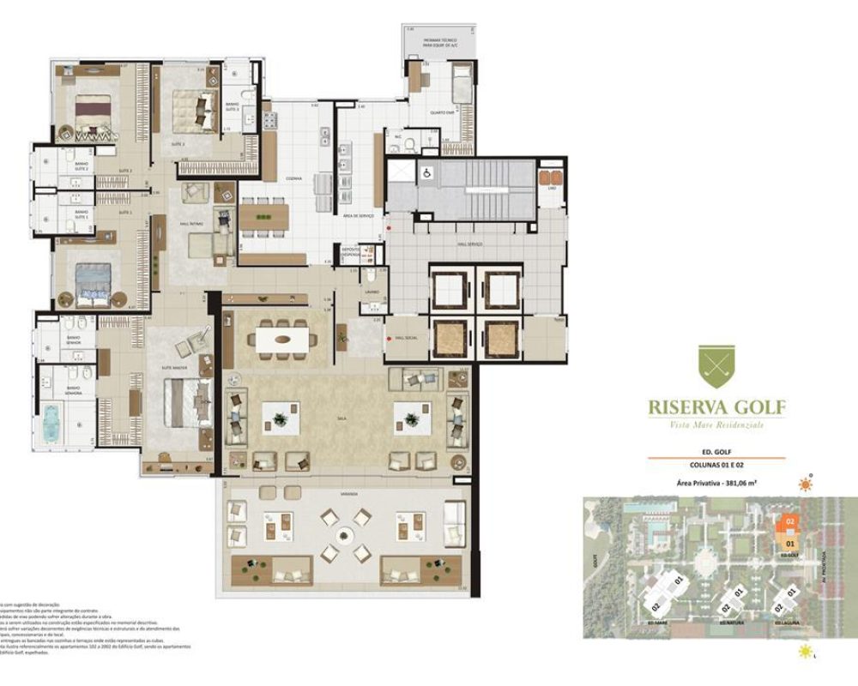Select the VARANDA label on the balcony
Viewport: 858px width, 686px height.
click(344, 494)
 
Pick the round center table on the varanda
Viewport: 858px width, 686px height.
click(344, 536)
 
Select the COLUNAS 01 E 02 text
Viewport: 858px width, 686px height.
click(716, 465)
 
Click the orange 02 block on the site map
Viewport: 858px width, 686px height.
click(790, 521)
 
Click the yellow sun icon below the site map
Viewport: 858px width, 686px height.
click(804, 652)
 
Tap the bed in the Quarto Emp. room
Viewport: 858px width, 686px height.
click(461, 84)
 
